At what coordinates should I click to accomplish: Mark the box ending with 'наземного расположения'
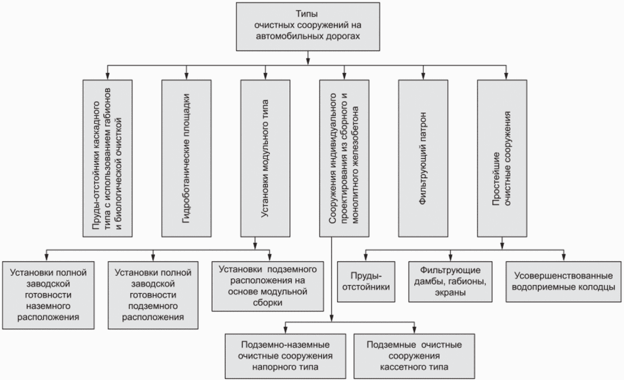click(x=48, y=294)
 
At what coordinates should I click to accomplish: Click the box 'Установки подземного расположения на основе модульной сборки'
click(x=261, y=285)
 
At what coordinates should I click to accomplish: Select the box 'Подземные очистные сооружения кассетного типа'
click(x=414, y=356)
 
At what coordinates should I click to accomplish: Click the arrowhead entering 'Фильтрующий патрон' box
click(x=423, y=76)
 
